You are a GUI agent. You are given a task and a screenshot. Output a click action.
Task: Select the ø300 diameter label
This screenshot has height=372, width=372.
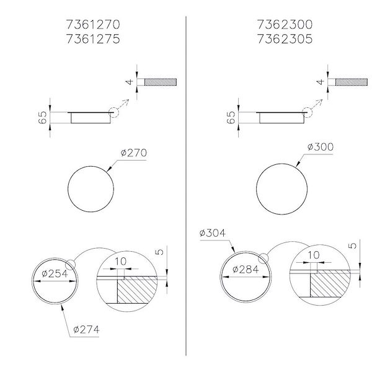[321, 147]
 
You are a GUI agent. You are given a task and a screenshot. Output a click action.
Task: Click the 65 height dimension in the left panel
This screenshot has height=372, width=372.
[42, 118]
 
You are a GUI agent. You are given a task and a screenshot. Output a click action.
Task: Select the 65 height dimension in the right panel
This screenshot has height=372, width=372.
[231, 118]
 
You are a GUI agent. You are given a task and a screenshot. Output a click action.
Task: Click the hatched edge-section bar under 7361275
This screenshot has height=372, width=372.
[161, 82]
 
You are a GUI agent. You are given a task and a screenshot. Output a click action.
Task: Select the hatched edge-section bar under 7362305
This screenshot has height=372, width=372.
[352, 82]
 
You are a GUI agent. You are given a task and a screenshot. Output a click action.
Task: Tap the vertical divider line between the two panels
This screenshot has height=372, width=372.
[187, 186]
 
